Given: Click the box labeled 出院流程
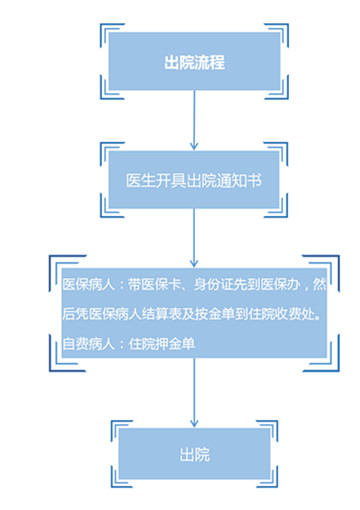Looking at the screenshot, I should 194,63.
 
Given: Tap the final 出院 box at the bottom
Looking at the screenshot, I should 194,455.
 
